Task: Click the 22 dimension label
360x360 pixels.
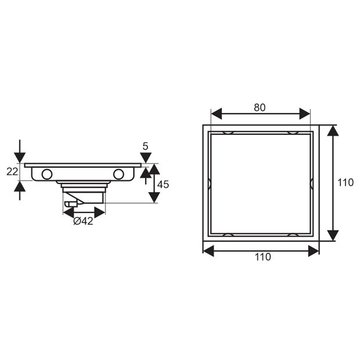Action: click(11, 172)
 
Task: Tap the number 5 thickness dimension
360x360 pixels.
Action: click(146, 146)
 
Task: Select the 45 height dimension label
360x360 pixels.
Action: click(163, 184)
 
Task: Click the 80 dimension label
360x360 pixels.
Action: click(260, 107)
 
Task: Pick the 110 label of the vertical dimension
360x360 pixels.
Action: click(345, 182)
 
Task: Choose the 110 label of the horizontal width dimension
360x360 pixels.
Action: click(262, 257)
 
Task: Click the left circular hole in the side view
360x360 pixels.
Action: click(46, 173)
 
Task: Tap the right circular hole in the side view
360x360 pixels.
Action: click(118, 173)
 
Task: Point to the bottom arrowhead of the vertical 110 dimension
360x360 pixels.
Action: click(332, 235)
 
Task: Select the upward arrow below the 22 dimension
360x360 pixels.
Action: click(20, 187)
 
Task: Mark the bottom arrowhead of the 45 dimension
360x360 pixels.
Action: click(153, 197)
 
